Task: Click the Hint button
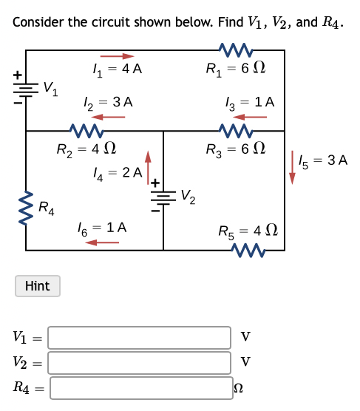[37, 285]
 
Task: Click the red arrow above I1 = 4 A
[118, 55]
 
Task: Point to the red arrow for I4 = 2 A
[148, 166]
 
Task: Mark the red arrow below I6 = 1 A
[100, 242]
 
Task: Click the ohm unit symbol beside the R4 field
[238, 387]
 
